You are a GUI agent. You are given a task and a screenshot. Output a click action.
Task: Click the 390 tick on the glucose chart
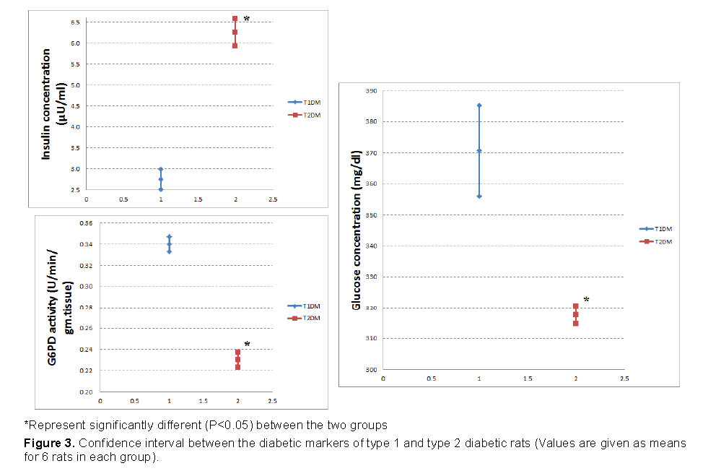pos(372,91)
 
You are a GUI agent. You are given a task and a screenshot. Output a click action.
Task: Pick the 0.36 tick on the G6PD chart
pos(86,223)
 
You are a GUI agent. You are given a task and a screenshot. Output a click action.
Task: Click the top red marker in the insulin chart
pos(235,19)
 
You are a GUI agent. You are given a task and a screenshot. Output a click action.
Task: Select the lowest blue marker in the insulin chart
pos(161,189)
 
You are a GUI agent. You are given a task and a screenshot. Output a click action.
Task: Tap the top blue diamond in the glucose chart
pos(479,105)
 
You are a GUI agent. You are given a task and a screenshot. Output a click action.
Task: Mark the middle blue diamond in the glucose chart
pos(479,151)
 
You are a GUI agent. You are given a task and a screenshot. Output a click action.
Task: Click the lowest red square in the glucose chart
pos(575,323)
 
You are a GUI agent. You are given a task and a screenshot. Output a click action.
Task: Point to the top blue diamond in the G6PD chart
pos(169,237)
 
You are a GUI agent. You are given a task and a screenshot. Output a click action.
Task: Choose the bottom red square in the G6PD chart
pos(237,367)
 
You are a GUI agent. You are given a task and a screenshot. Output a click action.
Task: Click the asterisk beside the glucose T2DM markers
pos(586,300)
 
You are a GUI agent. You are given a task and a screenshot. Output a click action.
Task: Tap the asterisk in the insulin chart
pos(247,19)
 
